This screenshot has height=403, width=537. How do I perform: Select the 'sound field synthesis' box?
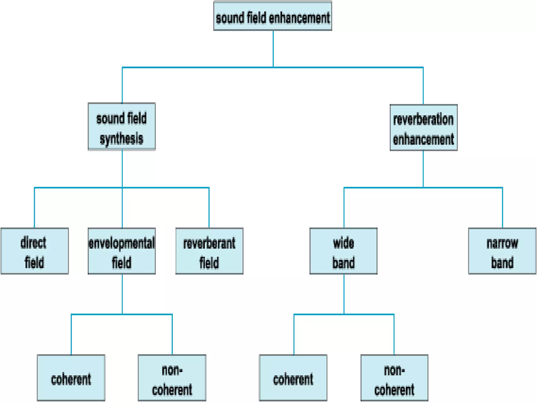122,126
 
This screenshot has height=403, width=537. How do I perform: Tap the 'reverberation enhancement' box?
423,128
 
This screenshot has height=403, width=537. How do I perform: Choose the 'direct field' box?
35,251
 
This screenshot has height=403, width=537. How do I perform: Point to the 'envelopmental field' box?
122,251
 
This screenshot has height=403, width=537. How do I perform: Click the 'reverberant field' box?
209,251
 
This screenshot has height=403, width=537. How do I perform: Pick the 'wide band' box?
343,251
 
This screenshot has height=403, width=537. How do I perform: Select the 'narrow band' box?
502,251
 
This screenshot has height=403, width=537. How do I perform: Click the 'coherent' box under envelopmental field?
71,378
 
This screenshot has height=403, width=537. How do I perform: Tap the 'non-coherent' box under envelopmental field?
172,378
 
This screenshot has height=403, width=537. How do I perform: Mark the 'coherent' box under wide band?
293,378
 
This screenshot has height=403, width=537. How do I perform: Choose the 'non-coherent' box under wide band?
394,378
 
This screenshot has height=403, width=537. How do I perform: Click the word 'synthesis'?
122,138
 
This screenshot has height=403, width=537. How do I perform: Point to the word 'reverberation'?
423,119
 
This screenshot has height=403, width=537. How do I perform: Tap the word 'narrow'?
502,243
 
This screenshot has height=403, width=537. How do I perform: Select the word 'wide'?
343,243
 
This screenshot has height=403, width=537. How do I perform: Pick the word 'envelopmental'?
122,243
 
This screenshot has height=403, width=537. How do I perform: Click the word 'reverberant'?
209,243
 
